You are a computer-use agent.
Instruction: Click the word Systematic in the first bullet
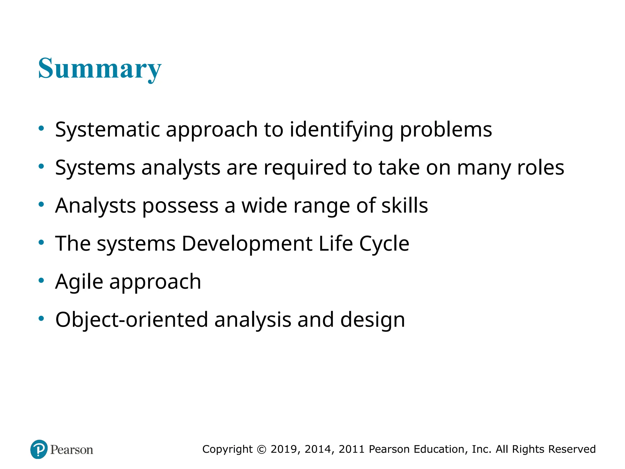click(x=107, y=130)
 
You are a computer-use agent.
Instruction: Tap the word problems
click(x=446, y=130)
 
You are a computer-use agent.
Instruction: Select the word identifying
click(x=341, y=130)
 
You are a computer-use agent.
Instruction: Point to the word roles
click(x=541, y=168)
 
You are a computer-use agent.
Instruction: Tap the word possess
click(x=180, y=206)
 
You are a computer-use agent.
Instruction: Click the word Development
click(x=247, y=244)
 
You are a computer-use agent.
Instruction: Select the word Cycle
click(x=384, y=244)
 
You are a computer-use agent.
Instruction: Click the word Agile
click(x=79, y=282)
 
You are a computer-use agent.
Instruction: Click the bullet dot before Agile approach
click(x=41, y=280)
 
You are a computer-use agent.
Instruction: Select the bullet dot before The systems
click(x=41, y=242)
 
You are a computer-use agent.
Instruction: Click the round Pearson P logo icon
click(x=39, y=449)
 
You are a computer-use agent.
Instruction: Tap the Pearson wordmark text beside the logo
click(x=72, y=450)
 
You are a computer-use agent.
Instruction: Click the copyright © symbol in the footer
click(x=262, y=449)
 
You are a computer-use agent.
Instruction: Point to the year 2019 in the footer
click(x=284, y=449)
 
